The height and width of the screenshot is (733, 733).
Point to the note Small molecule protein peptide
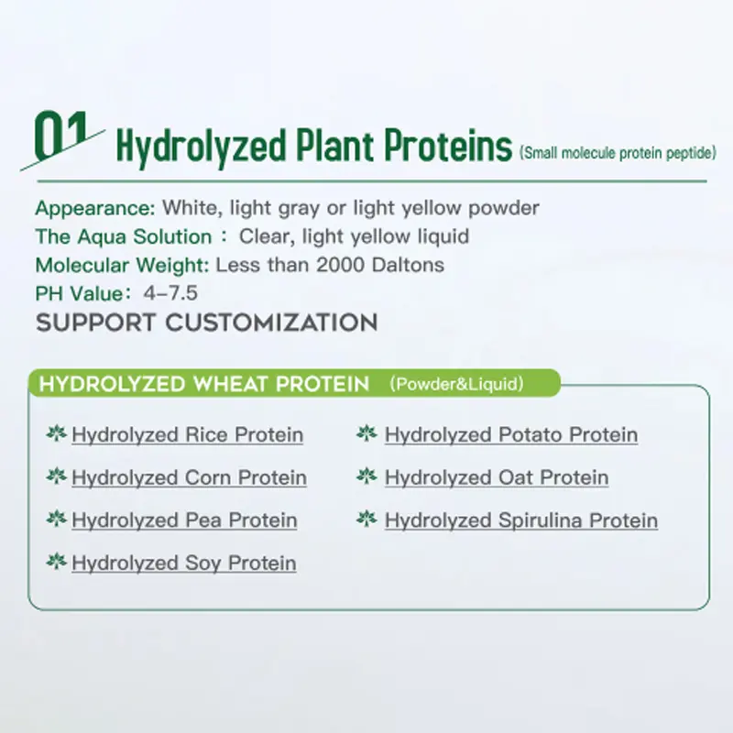coord(617,153)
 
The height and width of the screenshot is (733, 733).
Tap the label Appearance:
coord(95,208)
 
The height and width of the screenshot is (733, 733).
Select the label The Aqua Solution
coord(123,236)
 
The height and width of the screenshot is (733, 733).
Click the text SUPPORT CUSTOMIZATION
coord(206,323)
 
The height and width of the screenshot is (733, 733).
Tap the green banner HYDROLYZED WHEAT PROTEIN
coord(203,383)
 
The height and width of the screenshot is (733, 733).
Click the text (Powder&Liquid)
coord(456,384)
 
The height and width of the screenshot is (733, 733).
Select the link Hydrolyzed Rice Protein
coord(187,434)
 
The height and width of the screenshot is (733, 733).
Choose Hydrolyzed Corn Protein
coord(189,477)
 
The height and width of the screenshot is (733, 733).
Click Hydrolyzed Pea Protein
coord(184,520)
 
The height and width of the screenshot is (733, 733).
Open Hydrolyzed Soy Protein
coord(183,563)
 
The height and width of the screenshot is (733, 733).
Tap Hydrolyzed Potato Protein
coord(511,434)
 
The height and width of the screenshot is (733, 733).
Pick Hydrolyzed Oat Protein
coord(497,477)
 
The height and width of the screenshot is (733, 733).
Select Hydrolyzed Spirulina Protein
coord(521,520)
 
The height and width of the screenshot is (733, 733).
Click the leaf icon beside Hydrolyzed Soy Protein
coord(56,562)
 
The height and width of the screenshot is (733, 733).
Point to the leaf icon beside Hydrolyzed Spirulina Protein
coord(366,520)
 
